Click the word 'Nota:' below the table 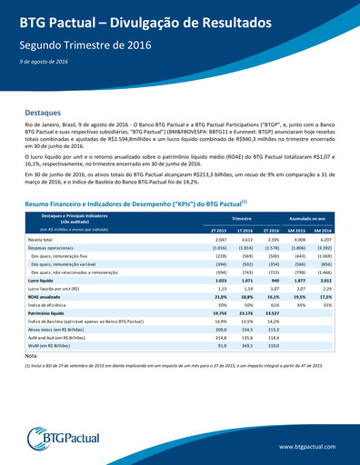(32, 356)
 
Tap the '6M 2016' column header (323, 230)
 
